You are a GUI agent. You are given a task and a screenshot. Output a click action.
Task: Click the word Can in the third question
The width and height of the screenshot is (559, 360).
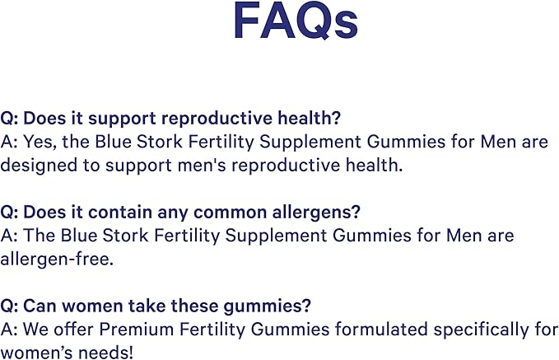click(x=40, y=306)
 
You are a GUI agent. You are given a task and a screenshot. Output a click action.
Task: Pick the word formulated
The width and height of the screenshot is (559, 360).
click(x=353, y=330)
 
